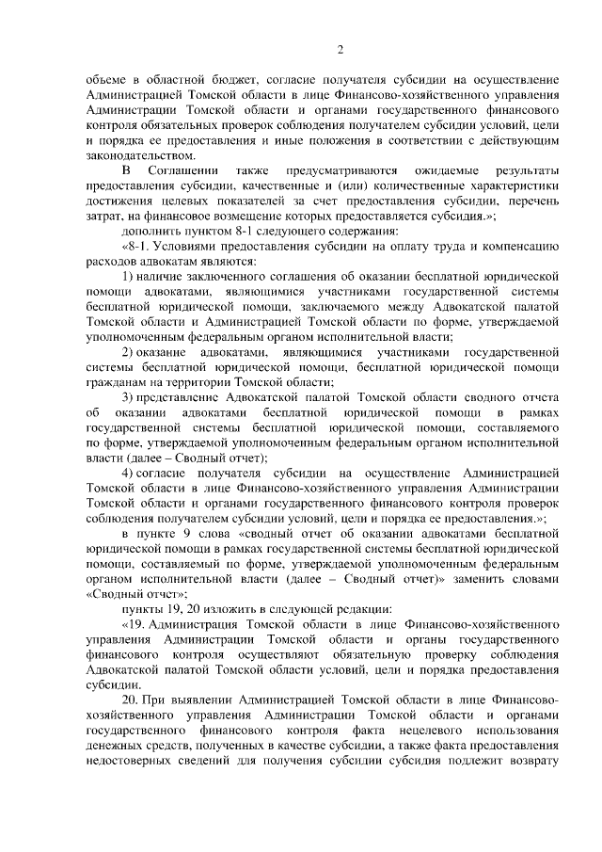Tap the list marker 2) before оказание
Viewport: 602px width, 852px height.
tap(132, 349)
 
